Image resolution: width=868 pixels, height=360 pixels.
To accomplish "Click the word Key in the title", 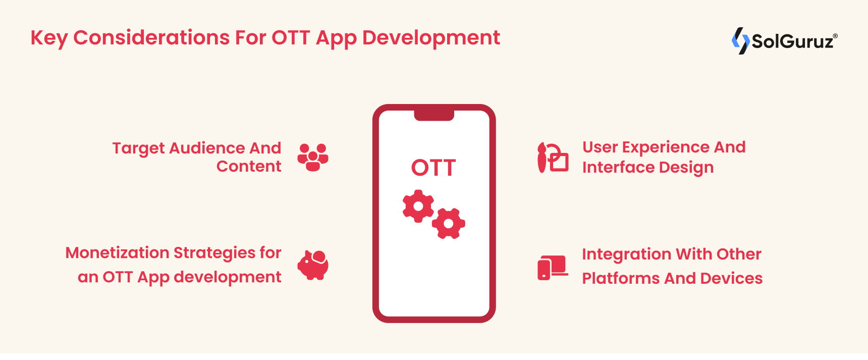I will tap(48, 38).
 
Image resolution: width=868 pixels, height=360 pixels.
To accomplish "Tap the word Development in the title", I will tap(431, 38).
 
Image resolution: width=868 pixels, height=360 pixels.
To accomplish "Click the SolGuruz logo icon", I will tap(740, 41).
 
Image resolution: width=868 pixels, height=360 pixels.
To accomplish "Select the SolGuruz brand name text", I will tap(792, 41).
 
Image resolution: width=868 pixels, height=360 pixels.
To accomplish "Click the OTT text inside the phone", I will tap(433, 168).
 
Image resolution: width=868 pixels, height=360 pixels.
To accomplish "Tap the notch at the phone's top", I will tap(434, 116).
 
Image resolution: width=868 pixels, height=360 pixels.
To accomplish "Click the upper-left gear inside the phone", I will tap(418, 206).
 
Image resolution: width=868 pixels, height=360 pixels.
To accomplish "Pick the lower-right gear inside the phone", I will tap(449, 223).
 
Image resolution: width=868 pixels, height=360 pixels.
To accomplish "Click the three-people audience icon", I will tap(313, 157).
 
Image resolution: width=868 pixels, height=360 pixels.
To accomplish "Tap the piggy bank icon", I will tap(313, 265).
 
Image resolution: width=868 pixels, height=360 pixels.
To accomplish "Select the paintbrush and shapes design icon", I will tap(553, 158).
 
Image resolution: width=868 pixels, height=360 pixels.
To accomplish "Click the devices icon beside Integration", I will tap(553, 267).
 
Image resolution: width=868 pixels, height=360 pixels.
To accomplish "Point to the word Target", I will tap(138, 148).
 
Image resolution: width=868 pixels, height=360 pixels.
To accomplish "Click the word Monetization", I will tap(117, 252).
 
